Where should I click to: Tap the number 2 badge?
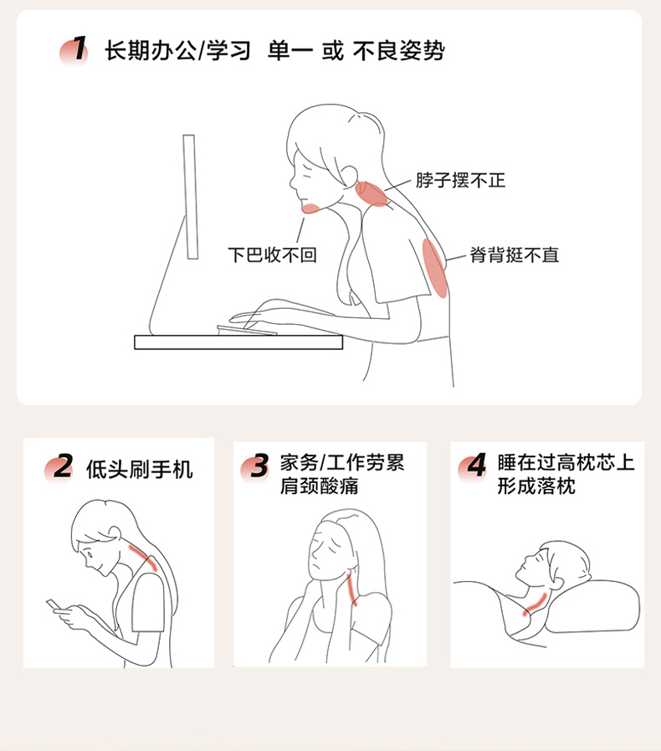(59, 467)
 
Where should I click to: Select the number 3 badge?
(255, 466)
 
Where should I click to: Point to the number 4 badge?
(473, 466)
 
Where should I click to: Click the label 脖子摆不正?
(460, 181)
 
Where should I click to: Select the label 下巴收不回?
(272, 255)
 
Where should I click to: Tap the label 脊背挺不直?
(514, 255)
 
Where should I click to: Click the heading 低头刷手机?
(139, 470)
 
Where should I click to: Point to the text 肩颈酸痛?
(320, 486)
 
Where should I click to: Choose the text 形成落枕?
(536, 486)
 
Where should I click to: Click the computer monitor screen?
(190, 197)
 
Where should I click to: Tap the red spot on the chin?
(310, 208)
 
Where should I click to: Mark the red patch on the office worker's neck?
(371, 194)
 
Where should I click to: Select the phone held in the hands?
(54, 605)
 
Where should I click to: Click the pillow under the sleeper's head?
(593, 606)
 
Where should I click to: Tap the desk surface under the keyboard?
(238, 342)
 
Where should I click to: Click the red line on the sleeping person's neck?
(535, 604)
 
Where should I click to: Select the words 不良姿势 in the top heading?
(399, 50)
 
